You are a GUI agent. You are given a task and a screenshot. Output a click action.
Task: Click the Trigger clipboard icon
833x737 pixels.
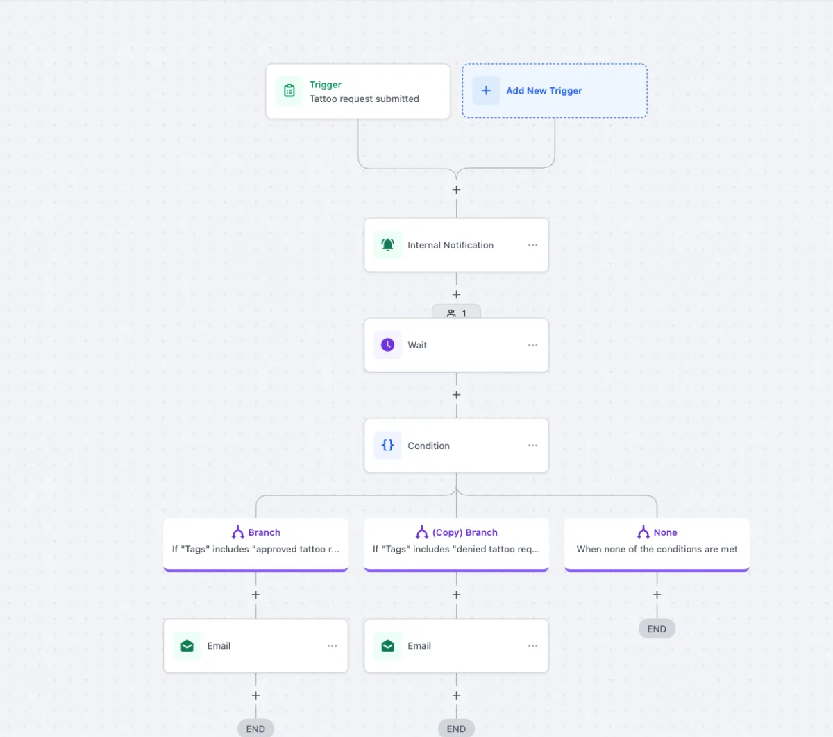[289, 90]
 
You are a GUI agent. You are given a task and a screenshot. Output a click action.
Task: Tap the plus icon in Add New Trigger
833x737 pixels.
[486, 90]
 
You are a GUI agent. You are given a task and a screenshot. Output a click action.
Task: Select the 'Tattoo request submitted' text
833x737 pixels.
[364, 99]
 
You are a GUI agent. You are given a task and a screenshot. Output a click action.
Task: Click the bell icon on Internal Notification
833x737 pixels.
[387, 244]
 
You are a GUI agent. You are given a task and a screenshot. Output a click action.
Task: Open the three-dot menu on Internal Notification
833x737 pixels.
[532, 245]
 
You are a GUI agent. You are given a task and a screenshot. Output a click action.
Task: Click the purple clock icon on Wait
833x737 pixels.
[387, 345]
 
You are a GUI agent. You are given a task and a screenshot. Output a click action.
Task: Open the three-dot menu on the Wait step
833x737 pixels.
[532, 346]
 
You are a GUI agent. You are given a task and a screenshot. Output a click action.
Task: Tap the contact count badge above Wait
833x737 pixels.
[456, 312]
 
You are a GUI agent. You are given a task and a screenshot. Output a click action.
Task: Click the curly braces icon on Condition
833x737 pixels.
[387, 445]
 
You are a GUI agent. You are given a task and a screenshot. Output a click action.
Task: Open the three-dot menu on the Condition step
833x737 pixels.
[532, 446]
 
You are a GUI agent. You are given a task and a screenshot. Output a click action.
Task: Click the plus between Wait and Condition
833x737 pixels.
[456, 395]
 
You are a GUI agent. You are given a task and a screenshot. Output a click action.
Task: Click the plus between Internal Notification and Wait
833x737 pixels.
[456, 294]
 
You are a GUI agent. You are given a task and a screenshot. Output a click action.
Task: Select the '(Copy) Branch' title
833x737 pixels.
[464, 532]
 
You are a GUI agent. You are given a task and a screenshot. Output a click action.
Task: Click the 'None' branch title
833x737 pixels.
[665, 532]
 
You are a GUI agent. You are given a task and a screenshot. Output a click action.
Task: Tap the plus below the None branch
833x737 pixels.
[657, 595]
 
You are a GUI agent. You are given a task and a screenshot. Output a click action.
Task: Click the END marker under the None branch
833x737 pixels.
[657, 629]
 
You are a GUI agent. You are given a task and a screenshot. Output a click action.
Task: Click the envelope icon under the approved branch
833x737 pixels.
[187, 646]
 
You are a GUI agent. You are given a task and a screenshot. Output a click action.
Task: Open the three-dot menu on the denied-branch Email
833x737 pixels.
[532, 646]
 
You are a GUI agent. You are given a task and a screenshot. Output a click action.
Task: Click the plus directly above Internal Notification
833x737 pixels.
[456, 190]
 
